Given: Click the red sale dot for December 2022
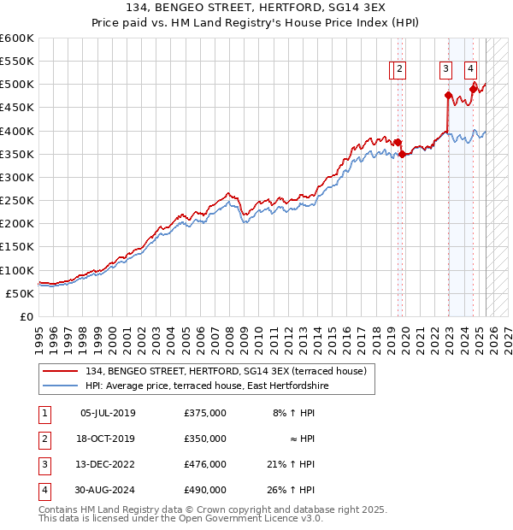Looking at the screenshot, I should coord(448,96).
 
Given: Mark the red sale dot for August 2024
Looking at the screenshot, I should coord(473,89).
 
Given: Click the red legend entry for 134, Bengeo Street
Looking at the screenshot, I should coord(226,371).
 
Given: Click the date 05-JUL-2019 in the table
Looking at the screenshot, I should coord(107,413).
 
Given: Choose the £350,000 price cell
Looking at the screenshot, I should coord(204,439).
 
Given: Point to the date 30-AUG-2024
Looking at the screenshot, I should coord(107,490).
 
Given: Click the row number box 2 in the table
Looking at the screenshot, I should coord(44,439).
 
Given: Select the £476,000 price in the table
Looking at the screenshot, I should coord(204,464).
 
